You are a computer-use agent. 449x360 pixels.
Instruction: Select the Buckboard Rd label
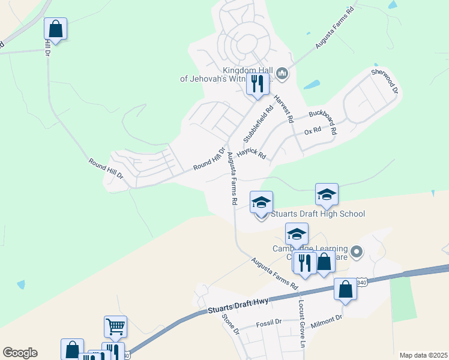pos(323,122)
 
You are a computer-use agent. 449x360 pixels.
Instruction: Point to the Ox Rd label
pos(313,131)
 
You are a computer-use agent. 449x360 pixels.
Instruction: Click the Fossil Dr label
pos(268,323)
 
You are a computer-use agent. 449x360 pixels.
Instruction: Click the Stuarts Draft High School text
pos(318,214)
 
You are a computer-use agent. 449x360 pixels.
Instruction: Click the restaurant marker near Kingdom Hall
pos(258,83)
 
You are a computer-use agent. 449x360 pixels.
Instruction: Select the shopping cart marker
pos(115,327)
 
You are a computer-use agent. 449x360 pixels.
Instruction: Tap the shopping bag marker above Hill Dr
pos(55,29)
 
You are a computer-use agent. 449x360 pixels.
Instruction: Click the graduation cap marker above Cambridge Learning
pos(297,234)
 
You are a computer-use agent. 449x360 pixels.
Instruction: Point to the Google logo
pos(20,353)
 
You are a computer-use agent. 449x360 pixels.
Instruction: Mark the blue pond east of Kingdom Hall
pos(312,85)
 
